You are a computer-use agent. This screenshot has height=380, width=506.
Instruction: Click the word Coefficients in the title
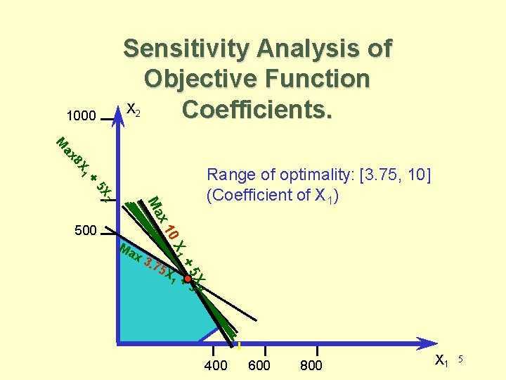pos(257,110)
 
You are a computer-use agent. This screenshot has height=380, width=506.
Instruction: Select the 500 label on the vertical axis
pos(85,230)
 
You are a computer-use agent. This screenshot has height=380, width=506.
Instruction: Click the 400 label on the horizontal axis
pos(215,365)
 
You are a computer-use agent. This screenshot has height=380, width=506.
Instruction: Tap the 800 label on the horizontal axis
pos(311,365)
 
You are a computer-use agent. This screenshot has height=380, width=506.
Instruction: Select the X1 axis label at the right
pos(441,362)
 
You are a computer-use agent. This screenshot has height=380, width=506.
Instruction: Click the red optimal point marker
pos(188,279)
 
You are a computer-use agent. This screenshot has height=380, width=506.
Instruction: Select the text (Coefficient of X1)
pos(274,195)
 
